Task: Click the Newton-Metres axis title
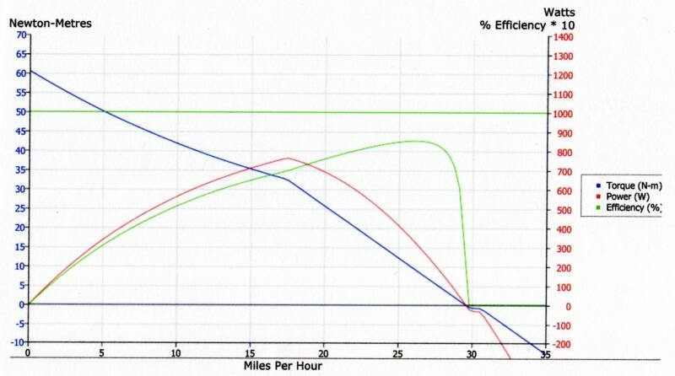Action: click(x=50, y=23)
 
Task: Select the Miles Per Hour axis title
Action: click(x=283, y=366)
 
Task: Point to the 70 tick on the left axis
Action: click(x=16, y=35)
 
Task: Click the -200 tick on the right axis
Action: click(x=564, y=344)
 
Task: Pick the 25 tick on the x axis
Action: click(x=398, y=352)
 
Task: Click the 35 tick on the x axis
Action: click(x=545, y=352)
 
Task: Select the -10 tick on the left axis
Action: click(x=14, y=342)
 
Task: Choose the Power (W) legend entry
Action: click(x=625, y=196)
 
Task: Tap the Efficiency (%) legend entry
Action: click(x=629, y=207)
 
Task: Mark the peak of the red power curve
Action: click(x=288, y=158)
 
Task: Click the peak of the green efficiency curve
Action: click(x=413, y=141)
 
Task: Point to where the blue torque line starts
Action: click(x=30, y=70)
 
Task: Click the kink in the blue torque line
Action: click(x=288, y=179)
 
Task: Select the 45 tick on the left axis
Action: click(x=16, y=131)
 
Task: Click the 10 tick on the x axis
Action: click(x=176, y=352)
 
